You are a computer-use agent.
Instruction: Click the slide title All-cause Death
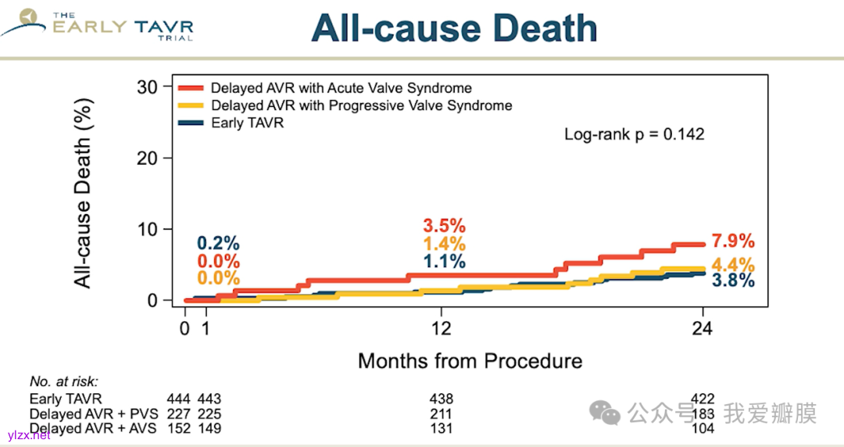tap(454, 29)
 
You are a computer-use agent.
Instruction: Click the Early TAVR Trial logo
tap(98, 25)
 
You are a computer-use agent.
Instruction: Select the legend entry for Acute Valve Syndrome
tap(341, 88)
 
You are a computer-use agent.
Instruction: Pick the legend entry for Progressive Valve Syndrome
tap(361, 105)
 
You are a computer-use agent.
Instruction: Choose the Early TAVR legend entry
tap(247, 123)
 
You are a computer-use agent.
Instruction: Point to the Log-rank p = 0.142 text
tap(634, 134)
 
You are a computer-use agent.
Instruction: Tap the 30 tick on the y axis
tap(147, 86)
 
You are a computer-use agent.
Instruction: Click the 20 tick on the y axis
tap(147, 158)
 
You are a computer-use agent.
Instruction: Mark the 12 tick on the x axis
tap(442, 329)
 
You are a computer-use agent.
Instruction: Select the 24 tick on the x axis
tap(702, 329)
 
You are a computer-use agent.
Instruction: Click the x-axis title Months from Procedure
tap(470, 361)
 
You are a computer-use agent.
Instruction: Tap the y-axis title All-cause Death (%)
tap(84, 192)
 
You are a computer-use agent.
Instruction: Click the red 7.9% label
tap(733, 241)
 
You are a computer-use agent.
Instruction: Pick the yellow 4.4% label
tap(733, 264)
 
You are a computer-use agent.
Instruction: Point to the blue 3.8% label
tap(733, 281)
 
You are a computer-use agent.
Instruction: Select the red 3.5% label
tap(444, 226)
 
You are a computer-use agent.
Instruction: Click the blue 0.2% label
tap(218, 244)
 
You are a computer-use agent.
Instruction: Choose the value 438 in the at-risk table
tap(442, 399)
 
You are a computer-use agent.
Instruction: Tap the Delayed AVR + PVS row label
tap(92, 413)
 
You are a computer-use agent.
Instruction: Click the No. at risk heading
tap(64, 382)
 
